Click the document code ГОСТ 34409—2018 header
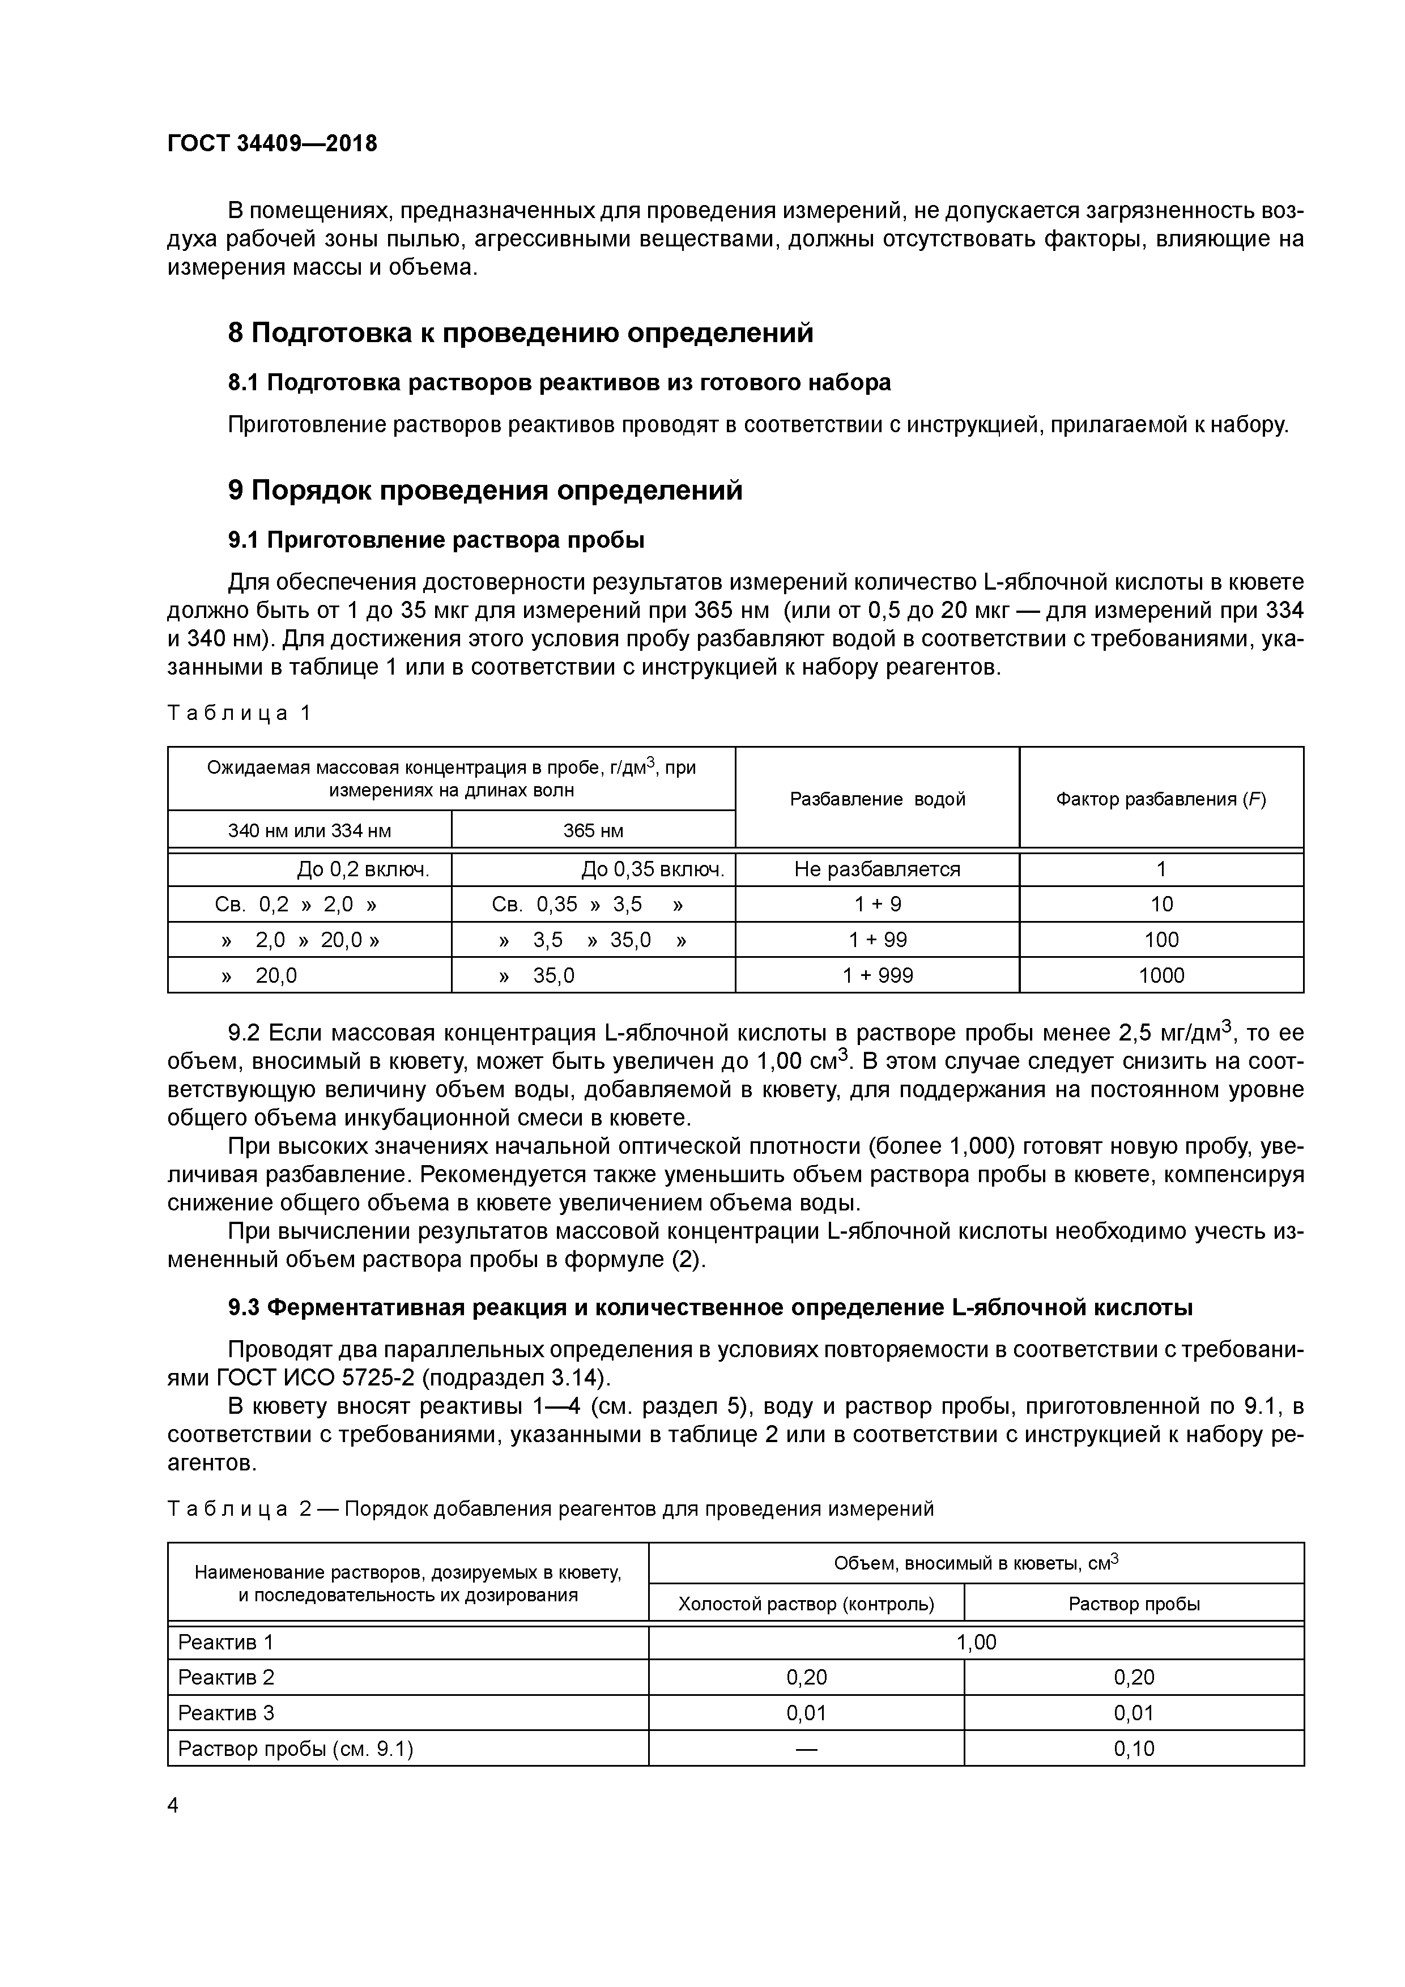272,144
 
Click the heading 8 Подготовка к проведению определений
520,333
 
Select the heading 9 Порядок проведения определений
485,491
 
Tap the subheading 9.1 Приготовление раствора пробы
436,540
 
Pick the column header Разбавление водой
877,799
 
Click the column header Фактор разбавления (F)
1160,799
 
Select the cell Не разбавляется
877,869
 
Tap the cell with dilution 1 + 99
877,940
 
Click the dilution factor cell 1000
1160,975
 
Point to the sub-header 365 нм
593,831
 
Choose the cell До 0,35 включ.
652,869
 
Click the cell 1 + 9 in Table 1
877,905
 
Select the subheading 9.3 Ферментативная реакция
710,1308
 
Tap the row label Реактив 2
226,1677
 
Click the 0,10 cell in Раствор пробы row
1133,1748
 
